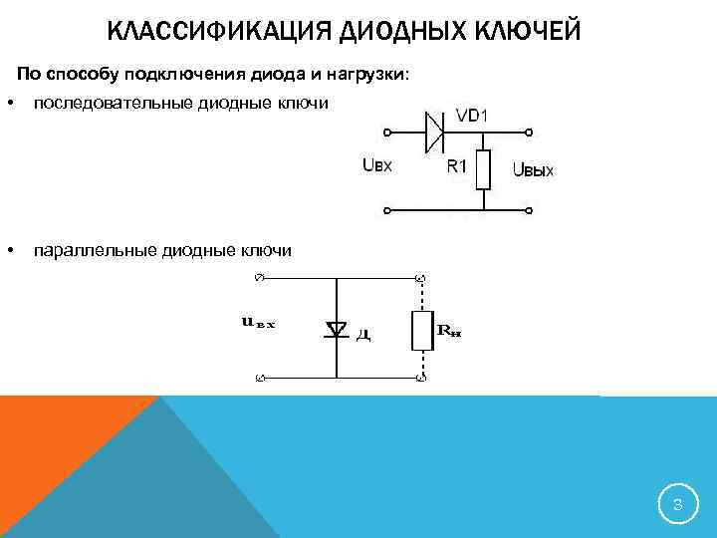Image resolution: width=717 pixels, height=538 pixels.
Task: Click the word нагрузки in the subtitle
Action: [x=363, y=75]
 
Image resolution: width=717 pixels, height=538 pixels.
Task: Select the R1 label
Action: [x=457, y=166]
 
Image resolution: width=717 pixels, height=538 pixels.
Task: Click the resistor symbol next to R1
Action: [x=483, y=169]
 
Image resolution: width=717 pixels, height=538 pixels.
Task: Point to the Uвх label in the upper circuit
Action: [x=376, y=166]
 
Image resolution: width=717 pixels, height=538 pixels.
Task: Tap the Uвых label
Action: [x=533, y=170]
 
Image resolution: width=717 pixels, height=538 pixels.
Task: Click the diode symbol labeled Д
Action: [x=336, y=329]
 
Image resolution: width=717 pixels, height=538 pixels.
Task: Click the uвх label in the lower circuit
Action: [x=257, y=322]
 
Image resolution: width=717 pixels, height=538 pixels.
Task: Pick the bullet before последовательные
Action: [x=9, y=105]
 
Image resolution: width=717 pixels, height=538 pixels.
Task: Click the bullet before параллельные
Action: [x=9, y=249]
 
